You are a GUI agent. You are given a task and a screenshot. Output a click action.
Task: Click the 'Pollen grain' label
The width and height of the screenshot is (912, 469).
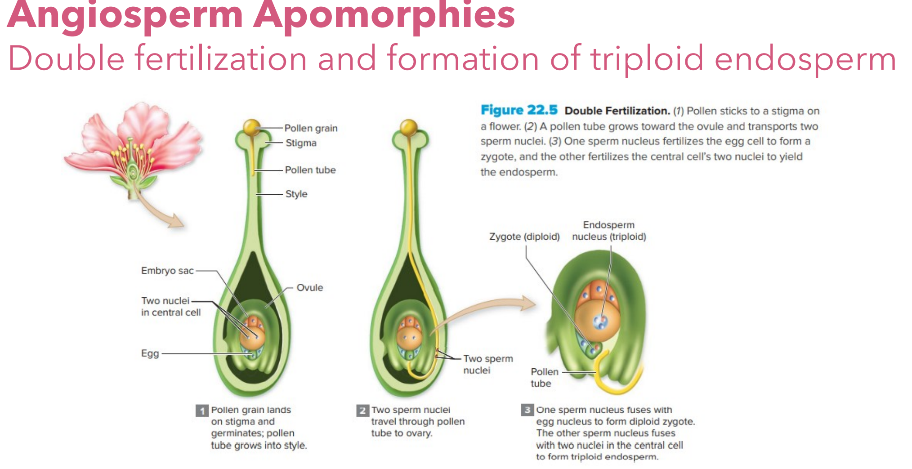point(311,128)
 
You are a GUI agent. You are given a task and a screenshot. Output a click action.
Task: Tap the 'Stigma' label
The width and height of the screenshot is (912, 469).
point(301,143)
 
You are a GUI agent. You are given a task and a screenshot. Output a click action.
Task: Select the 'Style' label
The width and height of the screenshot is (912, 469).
point(296,194)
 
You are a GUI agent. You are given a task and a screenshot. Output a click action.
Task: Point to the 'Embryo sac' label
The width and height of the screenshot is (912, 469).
point(167,271)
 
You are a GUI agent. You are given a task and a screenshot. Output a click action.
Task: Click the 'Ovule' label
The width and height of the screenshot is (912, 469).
point(309,288)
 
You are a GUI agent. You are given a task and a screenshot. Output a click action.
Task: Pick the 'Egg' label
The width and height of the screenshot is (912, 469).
point(150,353)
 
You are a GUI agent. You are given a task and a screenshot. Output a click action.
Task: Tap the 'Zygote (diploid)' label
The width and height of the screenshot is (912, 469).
point(524,237)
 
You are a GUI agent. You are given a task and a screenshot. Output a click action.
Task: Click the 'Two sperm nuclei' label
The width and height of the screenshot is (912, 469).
point(487,364)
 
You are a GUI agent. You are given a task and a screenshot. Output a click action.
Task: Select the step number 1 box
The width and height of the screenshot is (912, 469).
point(202,411)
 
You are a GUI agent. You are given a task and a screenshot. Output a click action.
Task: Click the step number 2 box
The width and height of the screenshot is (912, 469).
point(362,411)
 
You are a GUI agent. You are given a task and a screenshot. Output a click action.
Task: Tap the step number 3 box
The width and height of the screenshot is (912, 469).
point(527,410)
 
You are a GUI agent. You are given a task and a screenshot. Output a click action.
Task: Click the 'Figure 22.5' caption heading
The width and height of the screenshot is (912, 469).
point(519,110)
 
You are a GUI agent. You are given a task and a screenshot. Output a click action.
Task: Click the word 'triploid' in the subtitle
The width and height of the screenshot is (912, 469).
point(647,58)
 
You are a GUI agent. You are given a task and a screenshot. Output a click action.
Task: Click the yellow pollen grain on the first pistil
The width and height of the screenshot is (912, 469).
point(252,127)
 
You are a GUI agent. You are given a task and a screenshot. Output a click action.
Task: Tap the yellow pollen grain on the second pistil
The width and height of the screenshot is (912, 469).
point(409,127)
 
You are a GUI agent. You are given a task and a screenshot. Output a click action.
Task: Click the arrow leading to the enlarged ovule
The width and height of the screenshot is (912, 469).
point(486,310)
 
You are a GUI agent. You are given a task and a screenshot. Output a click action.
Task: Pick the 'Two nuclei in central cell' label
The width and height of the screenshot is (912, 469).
point(170,306)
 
